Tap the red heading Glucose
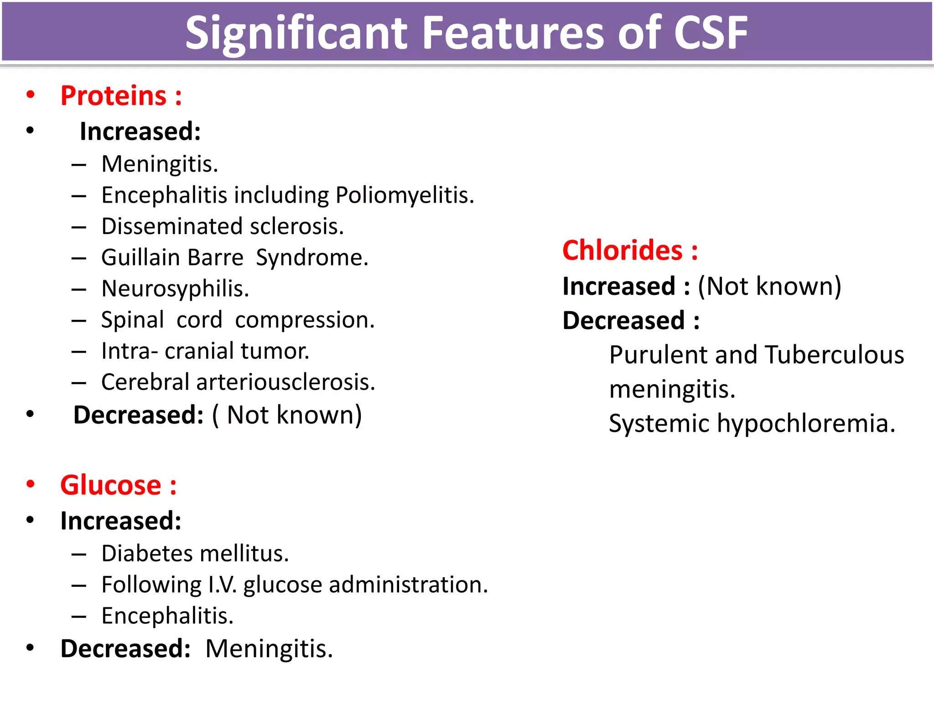111,485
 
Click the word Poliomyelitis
405,195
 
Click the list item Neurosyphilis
175,289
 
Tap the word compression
304,320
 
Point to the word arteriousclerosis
285,382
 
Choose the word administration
408,585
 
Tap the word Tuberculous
834,355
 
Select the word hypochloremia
806,424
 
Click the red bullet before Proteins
31,95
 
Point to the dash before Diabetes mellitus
79,555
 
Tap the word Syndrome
312,258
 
